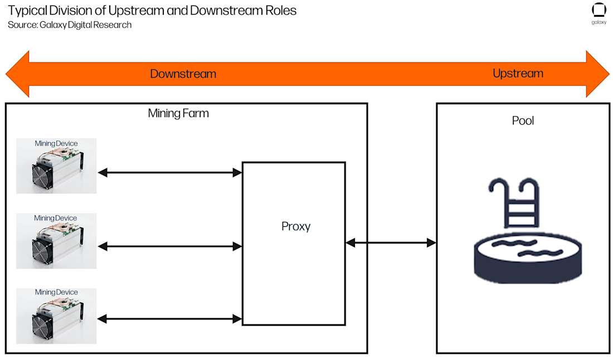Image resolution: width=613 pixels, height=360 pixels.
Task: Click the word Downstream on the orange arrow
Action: [x=183, y=74]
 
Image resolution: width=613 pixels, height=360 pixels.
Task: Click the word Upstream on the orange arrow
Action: [x=518, y=74]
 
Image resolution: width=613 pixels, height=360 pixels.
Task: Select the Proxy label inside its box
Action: [x=295, y=227]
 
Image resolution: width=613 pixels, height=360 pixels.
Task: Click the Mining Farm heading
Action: [x=178, y=114]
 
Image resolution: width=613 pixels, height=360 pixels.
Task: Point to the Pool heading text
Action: [x=523, y=120]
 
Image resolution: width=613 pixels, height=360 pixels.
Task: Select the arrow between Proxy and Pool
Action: [x=391, y=242]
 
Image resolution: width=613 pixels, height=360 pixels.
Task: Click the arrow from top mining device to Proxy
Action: [x=170, y=173]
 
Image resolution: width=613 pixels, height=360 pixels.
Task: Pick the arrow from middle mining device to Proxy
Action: [x=170, y=246]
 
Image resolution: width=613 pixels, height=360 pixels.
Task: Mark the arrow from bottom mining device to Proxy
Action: [x=170, y=319]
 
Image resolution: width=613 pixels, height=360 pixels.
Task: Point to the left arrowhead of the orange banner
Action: [x=17, y=74]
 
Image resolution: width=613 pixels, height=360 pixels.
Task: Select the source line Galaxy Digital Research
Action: [x=70, y=25]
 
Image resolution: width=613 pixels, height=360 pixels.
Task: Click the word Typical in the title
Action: [x=26, y=10]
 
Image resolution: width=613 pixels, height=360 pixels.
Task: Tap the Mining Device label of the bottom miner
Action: [x=56, y=292]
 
